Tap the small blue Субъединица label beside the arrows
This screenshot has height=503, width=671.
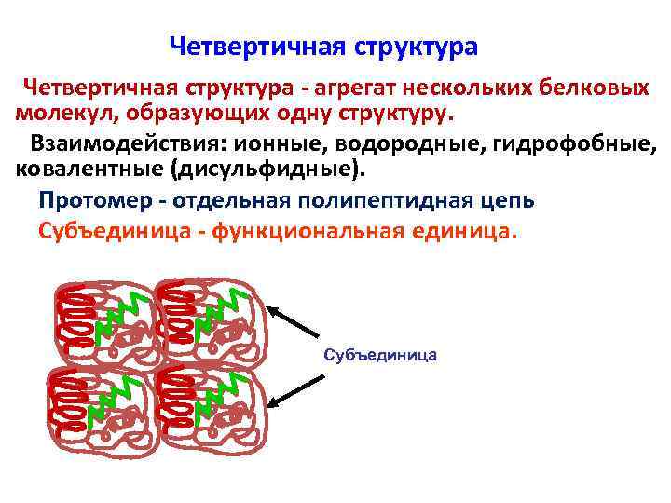click(x=379, y=355)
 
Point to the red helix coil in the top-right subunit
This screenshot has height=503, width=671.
click(x=173, y=313)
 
